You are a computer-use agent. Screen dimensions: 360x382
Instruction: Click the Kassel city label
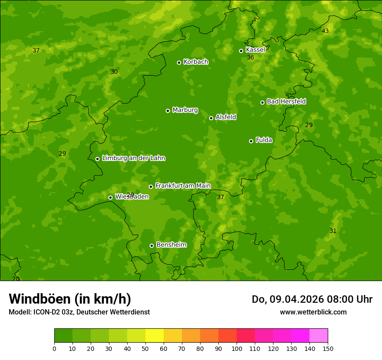[x=255, y=50]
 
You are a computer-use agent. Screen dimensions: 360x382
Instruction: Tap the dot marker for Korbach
[x=179, y=62]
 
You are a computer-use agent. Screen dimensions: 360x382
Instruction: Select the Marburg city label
[x=185, y=110]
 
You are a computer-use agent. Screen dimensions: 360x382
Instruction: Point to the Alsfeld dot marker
[x=211, y=118]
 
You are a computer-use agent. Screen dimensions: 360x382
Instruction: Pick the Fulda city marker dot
[x=251, y=141]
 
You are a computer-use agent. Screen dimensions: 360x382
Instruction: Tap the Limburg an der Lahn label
[x=133, y=158]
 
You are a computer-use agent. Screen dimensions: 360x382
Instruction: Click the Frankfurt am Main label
[x=183, y=186]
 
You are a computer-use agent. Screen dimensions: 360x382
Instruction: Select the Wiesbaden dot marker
[x=110, y=197]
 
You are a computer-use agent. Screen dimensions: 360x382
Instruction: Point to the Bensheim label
[x=171, y=245]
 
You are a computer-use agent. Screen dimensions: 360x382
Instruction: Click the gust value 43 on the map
[x=325, y=31]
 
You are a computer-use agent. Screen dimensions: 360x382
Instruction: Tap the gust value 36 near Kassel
[x=250, y=57]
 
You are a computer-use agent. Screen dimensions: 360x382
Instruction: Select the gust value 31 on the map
[x=333, y=231]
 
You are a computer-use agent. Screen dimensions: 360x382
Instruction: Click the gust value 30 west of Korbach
[x=114, y=72]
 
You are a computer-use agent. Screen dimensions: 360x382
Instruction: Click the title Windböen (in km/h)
[x=69, y=299]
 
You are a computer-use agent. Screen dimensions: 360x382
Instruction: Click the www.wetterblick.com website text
[x=313, y=312]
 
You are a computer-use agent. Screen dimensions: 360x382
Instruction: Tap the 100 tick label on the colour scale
[x=237, y=348]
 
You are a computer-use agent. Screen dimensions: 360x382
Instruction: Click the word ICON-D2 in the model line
[x=46, y=312]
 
